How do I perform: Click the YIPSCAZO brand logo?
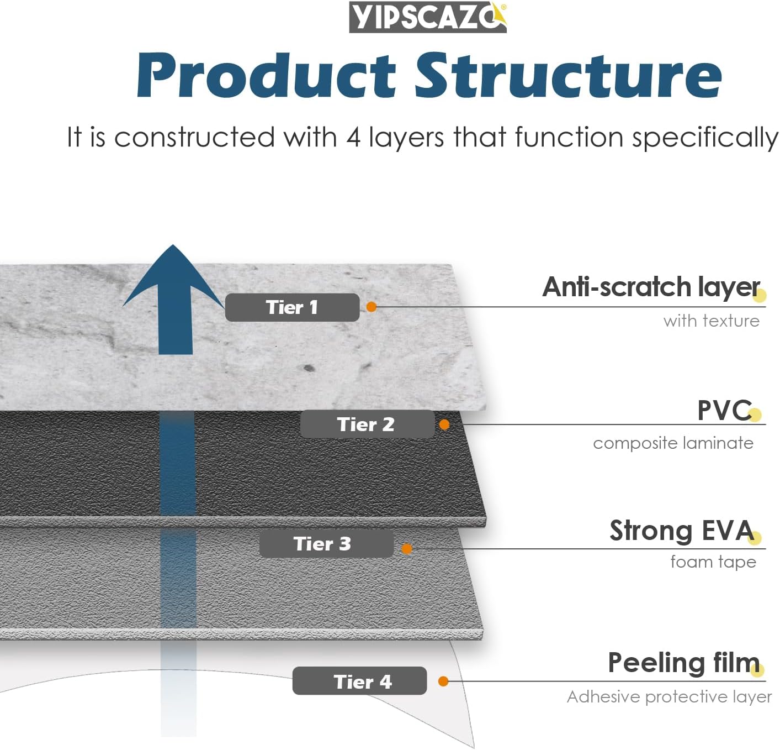point(428,17)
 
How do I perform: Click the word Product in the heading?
point(266,75)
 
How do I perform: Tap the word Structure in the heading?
point(568,75)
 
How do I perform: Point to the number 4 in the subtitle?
point(353,137)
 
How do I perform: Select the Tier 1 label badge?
point(292,307)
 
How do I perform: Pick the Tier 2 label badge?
point(367,424)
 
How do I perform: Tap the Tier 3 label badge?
point(326,543)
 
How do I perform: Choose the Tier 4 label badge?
point(359,681)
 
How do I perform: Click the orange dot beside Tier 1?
point(372,307)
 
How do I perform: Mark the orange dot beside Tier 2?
point(444,424)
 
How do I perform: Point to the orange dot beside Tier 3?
point(407,549)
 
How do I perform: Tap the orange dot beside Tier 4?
point(443,681)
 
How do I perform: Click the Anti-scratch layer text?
point(651,287)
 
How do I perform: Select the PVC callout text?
point(725,410)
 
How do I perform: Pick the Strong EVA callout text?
point(682,531)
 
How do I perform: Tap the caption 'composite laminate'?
point(673,443)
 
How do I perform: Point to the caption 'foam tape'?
point(713,562)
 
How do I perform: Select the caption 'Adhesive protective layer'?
point(670,697)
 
